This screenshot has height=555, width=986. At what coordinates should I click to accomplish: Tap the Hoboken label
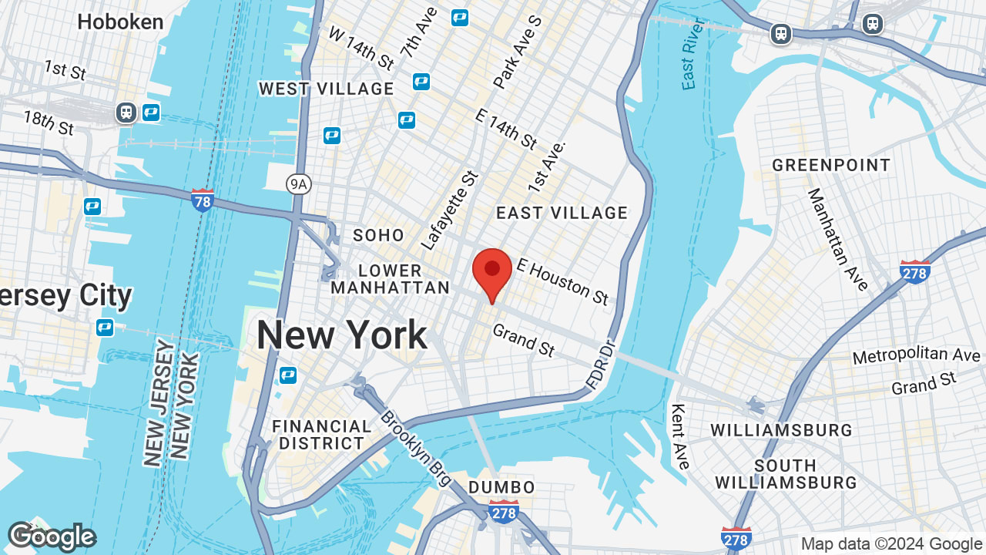(x=120, y=22)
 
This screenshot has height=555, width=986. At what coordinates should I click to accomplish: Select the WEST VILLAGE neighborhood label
(x=326, y=89)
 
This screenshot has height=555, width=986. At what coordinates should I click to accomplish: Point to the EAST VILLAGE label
(x=562, y=213)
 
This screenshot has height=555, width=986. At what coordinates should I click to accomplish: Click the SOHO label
(x=378, y=235)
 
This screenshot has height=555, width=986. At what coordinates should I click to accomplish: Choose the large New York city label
(x=341, y=335)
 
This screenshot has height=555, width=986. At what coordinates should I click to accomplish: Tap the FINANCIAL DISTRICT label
(x=321, y=435)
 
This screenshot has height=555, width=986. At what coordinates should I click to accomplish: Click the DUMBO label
(x=501, y=487)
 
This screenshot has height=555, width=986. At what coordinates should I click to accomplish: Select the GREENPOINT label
(x=831, y=165)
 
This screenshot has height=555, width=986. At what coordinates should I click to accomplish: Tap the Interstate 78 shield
(x=202, y=200)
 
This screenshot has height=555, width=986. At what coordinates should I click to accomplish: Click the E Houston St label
(x=562, y=281)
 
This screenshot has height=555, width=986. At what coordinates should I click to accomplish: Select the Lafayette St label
(x=451, y=210)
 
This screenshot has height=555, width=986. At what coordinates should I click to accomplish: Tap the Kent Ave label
(x=679, y=436)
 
